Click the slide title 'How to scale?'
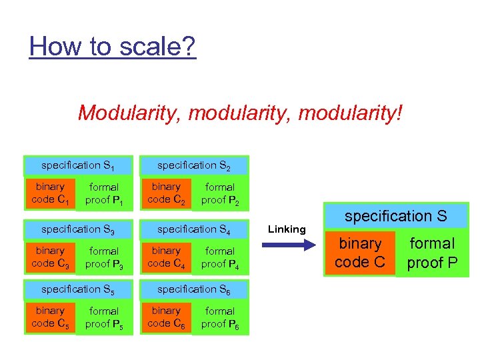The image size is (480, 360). [x=113, y=47]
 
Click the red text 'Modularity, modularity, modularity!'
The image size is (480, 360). [x=240, y=112]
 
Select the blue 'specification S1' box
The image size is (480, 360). [x=79, y=165]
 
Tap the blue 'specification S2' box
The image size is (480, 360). [x=194, y=165]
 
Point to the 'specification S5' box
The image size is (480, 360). [x=79, y=289]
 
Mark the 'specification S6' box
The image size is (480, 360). [x=194, y=289]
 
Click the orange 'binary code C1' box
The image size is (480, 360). [x=50, y=193]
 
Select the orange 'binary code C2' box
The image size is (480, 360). [x=166, y=193]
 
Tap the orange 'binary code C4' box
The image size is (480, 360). [x=166, y=257]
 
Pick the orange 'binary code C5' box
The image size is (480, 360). [x=50, y=317]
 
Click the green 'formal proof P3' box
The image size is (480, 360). [x=104, y=257]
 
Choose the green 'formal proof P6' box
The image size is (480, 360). [x=220, y=317]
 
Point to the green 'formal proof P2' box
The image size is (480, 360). [x=220, y=193]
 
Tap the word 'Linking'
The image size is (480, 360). [x=287, y=229]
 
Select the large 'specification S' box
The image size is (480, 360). [x=396, y=216]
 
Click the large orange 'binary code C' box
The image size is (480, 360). [x=361, y=253]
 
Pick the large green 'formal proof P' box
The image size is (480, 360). [x=433, y=253]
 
